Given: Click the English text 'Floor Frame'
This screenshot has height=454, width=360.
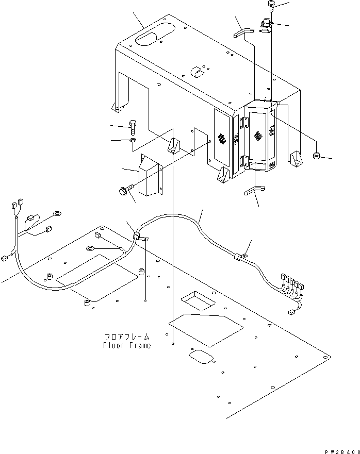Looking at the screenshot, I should tap(127, 345).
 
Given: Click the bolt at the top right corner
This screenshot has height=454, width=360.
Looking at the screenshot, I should tap(271, 6).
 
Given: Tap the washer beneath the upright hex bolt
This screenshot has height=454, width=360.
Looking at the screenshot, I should tap(133, 140).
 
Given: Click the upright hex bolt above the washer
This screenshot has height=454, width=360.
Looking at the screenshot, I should tap(133, 126).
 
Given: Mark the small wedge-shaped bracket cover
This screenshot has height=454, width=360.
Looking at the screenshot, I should tap(150, 175).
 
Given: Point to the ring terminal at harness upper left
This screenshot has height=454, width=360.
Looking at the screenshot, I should tap(56, 214).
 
